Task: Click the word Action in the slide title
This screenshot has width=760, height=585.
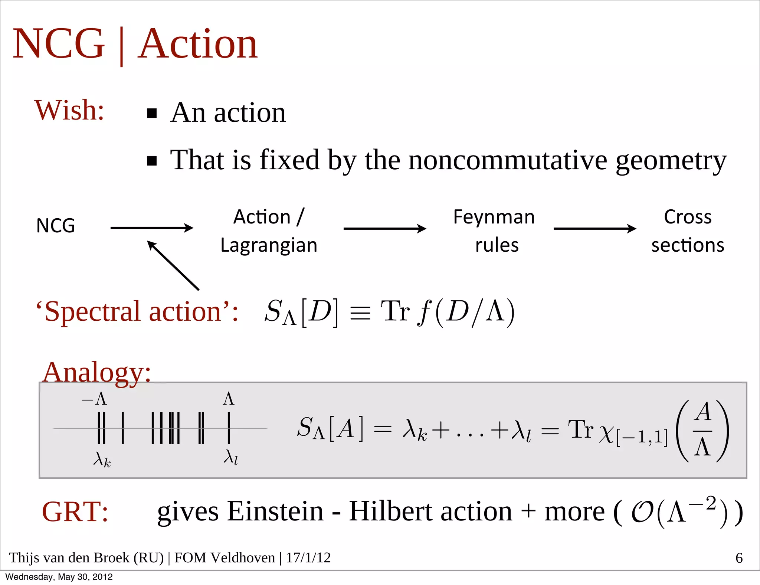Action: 198,44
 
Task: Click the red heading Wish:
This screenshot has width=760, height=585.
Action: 69,110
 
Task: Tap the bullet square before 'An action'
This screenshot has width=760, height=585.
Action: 152,113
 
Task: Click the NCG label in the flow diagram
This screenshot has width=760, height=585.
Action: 56,226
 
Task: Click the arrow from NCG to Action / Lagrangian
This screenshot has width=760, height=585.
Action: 152,228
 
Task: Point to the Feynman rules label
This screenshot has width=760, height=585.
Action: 494,231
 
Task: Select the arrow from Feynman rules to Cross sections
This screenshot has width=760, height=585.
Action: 594,228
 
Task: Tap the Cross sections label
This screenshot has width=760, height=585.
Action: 688,231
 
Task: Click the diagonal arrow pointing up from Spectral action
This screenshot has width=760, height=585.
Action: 173,265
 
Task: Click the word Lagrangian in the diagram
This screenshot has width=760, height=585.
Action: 269,245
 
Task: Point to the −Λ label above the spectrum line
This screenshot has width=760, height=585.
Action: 95,399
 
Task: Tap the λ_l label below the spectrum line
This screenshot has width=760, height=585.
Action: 230,457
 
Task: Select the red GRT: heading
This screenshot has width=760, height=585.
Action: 75,512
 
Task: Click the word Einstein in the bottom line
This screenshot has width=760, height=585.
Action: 275,512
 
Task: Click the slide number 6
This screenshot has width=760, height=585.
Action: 739,558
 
